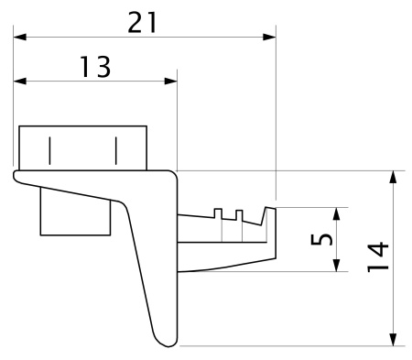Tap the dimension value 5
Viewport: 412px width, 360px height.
[321, 239]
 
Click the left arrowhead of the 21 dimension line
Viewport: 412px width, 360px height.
[20, 38]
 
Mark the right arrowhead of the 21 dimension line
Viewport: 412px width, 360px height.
[269, 38]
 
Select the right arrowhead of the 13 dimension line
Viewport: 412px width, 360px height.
[170, 81]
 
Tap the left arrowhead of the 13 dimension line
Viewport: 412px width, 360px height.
[20, 81]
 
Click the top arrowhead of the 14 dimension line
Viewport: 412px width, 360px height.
[394, 177]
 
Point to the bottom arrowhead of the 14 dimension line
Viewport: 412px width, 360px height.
[394, 340]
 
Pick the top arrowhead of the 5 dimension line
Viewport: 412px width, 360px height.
[338, 213]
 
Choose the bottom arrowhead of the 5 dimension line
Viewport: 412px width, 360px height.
[338, 265]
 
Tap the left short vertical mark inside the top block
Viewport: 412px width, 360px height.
[51, 148]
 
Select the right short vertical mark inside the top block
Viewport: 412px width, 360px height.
[116, 148]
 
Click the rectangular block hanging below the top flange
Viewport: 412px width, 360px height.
[75, 215]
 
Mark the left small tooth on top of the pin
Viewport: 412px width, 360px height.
[218, 214]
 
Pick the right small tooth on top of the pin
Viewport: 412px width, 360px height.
[240, 215]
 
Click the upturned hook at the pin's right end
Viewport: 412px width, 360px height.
[270, 216]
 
